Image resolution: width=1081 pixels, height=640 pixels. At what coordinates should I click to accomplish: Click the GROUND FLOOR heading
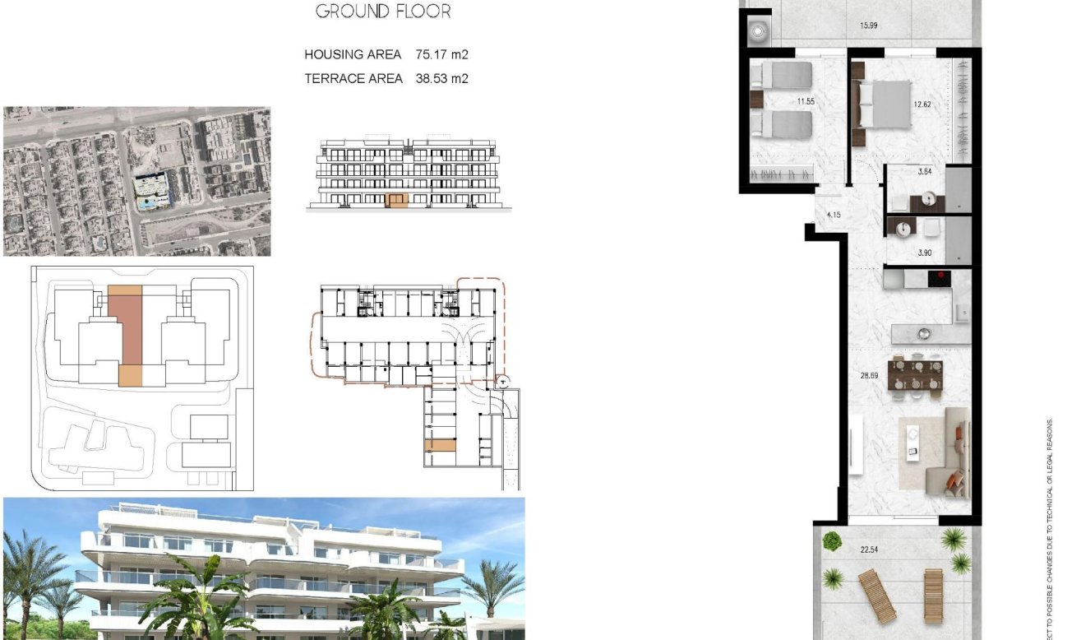point(383,12)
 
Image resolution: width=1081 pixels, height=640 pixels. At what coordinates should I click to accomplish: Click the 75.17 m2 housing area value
point(442,55)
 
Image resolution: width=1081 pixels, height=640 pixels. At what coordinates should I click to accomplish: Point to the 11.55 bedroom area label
point(806,102)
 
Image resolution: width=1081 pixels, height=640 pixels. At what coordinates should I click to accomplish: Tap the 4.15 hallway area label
point(834,216)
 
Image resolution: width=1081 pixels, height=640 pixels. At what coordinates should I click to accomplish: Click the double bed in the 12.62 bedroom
point(885,105)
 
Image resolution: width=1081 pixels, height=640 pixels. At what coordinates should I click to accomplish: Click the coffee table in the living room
point(911,439)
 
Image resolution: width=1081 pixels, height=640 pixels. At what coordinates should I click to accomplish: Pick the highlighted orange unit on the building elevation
point(398,200)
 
